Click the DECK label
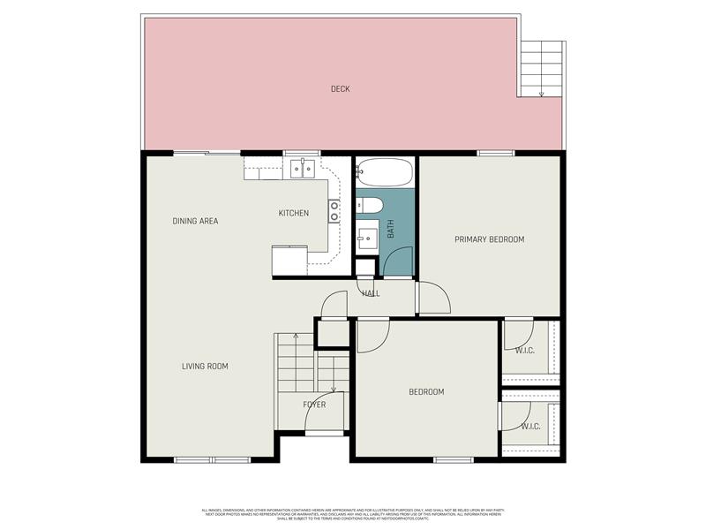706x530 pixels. (341, 88)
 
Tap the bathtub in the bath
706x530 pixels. (385, 172)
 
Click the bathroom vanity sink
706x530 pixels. (366, 237)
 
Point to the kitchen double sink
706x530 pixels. (302, 168)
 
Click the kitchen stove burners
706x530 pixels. (334, 210)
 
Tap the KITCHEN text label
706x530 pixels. (294, 213)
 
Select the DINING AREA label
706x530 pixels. (195, 221)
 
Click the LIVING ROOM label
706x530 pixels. (205, 366)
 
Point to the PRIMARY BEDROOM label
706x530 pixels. (489, 239)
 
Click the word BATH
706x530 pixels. (391, 230)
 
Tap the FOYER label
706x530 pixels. (314, 405)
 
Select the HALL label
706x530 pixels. (371, 293)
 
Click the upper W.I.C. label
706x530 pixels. (525, 351)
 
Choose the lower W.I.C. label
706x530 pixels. (530, 427)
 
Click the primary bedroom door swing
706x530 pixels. (432, 299)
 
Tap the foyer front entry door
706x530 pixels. (324, 432)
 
